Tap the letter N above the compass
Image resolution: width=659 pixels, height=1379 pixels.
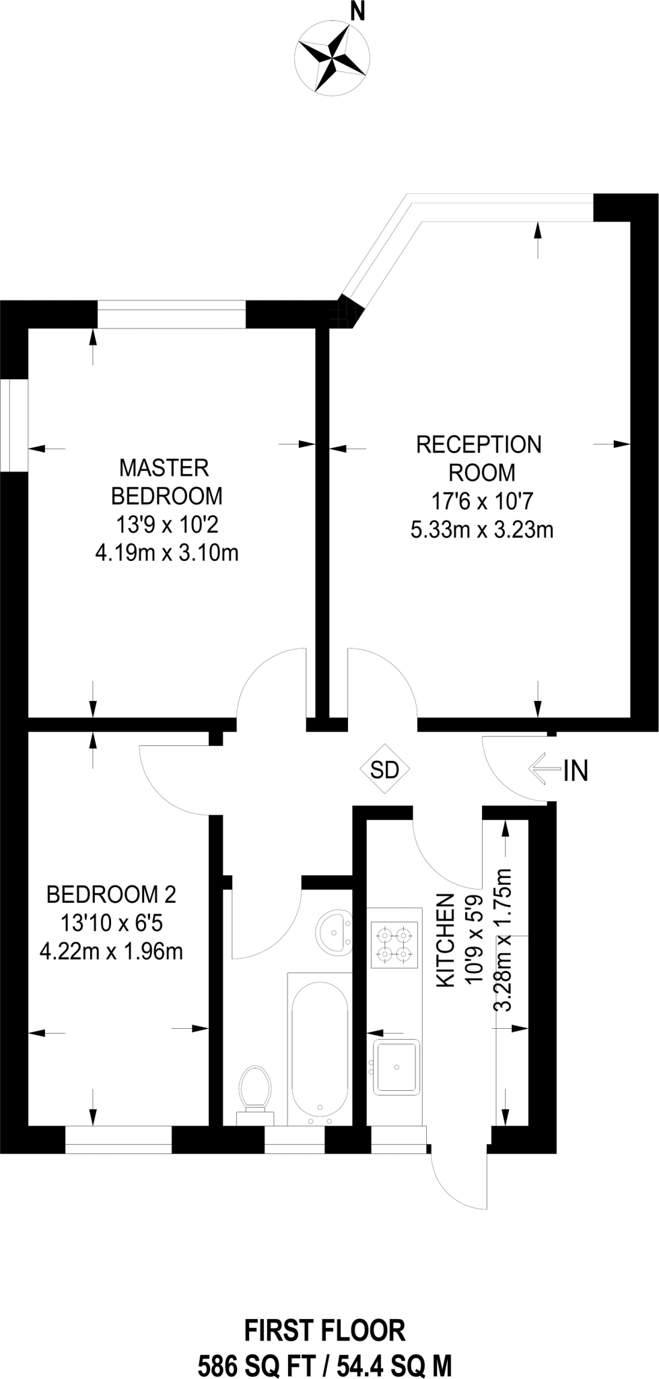coord(358,13)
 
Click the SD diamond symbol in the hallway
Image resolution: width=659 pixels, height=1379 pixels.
coord(385,770)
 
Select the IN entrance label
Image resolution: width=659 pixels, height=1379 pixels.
coord(576,770)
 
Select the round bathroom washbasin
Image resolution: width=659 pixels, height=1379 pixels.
coord(334,933)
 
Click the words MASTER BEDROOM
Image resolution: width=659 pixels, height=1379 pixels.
coord(166,481)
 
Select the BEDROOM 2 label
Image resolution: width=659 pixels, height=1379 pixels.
coord(111,895)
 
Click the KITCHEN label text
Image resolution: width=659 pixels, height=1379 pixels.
coord(445,941)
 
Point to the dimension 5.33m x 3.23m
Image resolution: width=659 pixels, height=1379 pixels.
coord(481,530)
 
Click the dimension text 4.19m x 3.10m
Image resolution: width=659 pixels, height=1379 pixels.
coord(166,553)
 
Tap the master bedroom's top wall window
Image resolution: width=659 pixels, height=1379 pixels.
coord(172,314)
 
